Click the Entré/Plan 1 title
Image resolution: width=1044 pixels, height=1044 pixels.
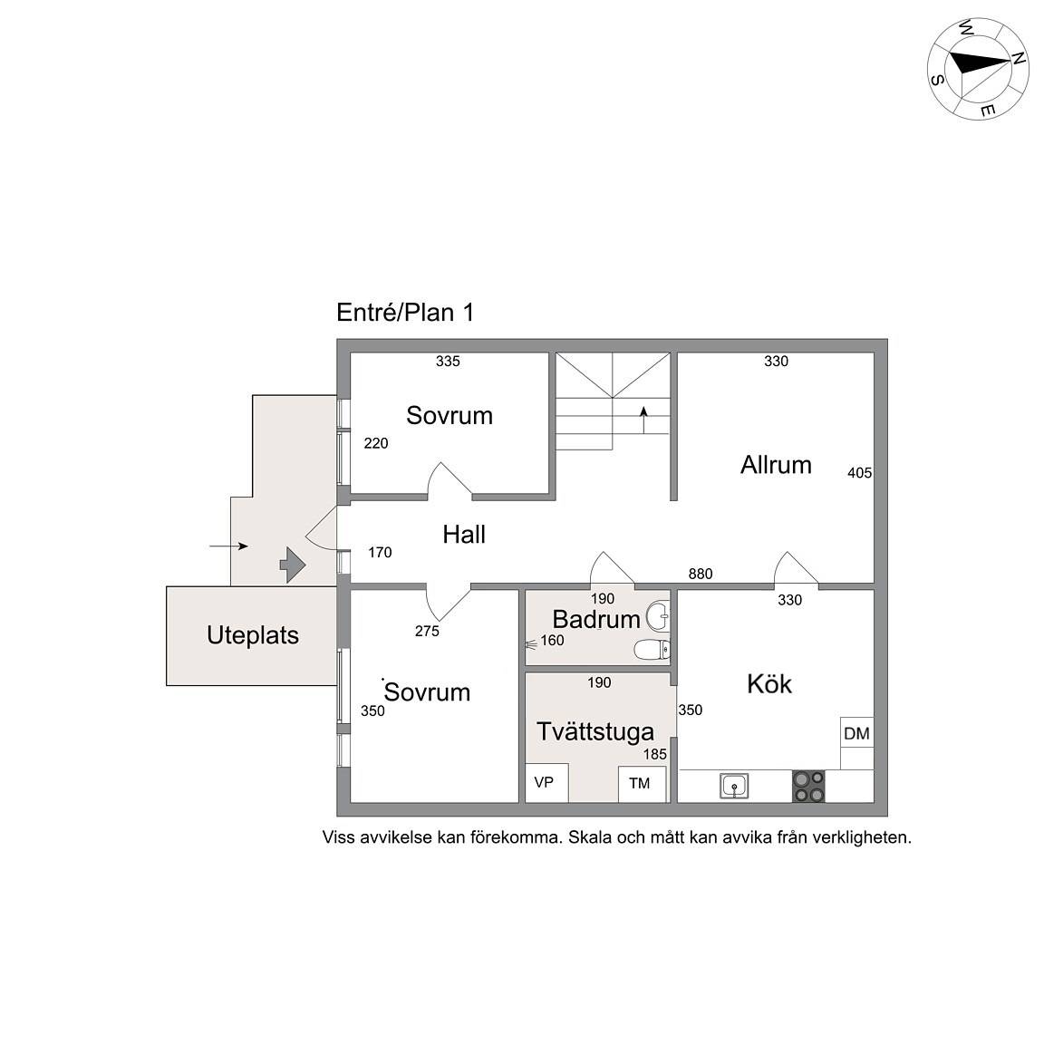coord(405,313)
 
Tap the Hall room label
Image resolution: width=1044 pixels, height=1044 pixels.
coord(464,534)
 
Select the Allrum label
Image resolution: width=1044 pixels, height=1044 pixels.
coord(776,465)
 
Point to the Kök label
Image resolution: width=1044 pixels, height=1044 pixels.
coord(769,684)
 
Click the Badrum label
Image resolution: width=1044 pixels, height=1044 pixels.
coord(596,619)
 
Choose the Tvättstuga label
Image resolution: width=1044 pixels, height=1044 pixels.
coord(595,731)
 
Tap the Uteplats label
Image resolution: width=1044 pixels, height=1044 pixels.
coord(253,635)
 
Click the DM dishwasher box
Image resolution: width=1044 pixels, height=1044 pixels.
coord(857,733)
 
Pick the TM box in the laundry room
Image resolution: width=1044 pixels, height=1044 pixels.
coord(642,784)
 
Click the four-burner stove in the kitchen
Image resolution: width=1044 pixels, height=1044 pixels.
coord(808,787)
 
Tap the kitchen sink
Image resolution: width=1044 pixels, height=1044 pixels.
coord(734,786)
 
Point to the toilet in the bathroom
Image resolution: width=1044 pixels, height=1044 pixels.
coord(653,649)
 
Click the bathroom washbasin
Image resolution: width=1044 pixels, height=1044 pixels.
coord(658,616)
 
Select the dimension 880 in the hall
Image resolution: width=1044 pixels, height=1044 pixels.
coord(701,574)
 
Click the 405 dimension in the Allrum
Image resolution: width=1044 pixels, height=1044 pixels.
coord(859,473)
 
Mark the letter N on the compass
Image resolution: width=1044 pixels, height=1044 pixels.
coord(1018,59)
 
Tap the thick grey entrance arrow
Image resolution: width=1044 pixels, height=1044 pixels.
coord(293,565)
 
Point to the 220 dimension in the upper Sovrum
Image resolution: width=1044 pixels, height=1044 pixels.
coord(376,443)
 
